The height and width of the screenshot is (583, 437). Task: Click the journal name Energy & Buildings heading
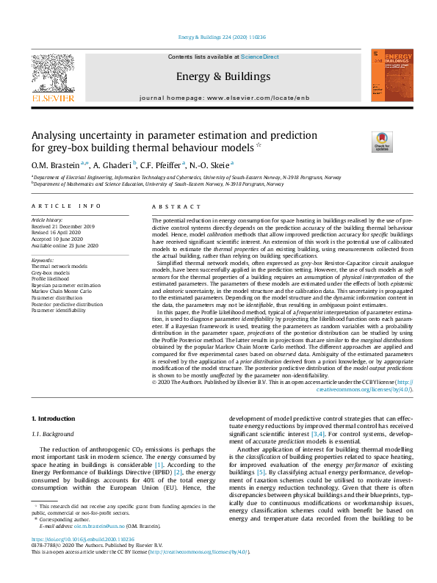218,76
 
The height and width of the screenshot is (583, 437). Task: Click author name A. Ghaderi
113,165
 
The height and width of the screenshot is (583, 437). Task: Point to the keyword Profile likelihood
50,279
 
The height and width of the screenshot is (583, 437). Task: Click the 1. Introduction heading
54,419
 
